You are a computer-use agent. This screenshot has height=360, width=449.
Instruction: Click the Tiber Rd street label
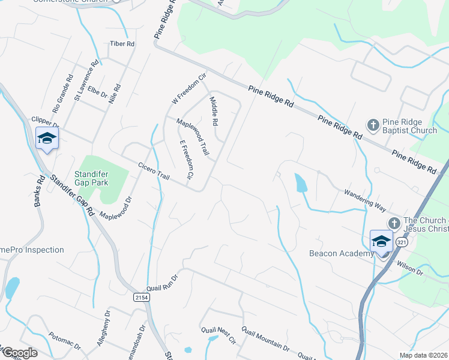[x=122, y=44]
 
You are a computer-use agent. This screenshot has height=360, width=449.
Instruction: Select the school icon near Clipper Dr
[x=47, y=139]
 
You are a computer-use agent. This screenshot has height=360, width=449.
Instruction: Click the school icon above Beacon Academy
[x=381, y=241]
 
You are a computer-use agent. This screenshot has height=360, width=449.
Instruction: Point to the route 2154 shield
[x=141, y=297]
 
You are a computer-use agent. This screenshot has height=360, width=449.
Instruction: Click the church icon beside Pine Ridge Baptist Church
[x=373, y=125]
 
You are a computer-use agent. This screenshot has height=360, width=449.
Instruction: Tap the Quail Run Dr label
[x=163, y=282]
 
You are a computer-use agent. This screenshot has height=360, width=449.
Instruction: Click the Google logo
[x=19, y=353]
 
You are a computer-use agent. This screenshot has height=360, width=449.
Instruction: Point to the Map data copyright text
[x=424, y=355]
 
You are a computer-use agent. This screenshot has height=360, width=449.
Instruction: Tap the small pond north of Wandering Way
[x=301, y=182]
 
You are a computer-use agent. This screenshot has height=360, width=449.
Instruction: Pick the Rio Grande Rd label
[x=62, y=94]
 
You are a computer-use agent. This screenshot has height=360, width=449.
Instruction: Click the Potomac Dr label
[x=64, y=340]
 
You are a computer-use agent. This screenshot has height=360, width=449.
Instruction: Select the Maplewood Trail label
[x=192, y=137]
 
